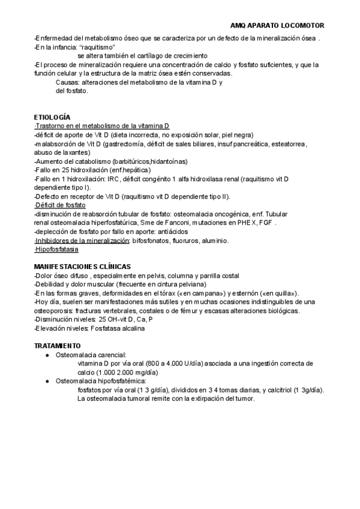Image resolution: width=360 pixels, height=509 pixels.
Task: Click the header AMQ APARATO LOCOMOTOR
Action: point(277,26)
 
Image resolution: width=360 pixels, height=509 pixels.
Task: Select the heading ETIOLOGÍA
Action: point(52,116)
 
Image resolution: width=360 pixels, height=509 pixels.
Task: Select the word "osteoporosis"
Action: point(53,310)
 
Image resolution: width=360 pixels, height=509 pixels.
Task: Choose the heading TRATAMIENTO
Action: point(57,346)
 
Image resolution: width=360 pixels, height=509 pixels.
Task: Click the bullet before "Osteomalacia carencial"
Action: point(47,355)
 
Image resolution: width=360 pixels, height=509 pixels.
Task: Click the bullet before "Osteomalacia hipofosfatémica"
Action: point(47,381)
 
